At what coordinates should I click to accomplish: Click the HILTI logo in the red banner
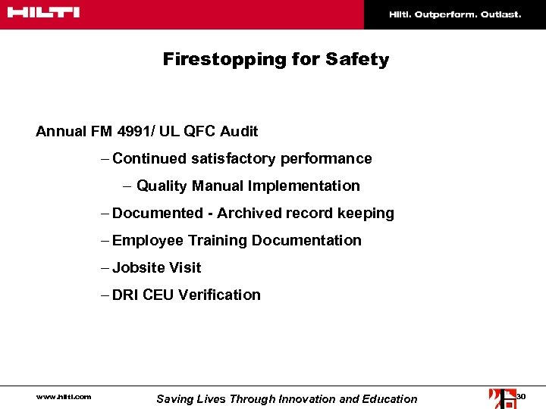click(x=44, y=13)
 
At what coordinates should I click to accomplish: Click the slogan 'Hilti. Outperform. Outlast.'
click(x=455, y=14)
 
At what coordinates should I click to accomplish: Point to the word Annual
click(x=61, y=131)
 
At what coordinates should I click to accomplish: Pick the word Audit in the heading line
click(x=239, y=131)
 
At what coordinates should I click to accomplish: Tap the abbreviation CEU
click(x=158, y=295)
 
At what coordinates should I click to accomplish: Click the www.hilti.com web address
click(x=64, y=396)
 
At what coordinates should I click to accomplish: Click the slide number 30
click(x=520, y=396)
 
